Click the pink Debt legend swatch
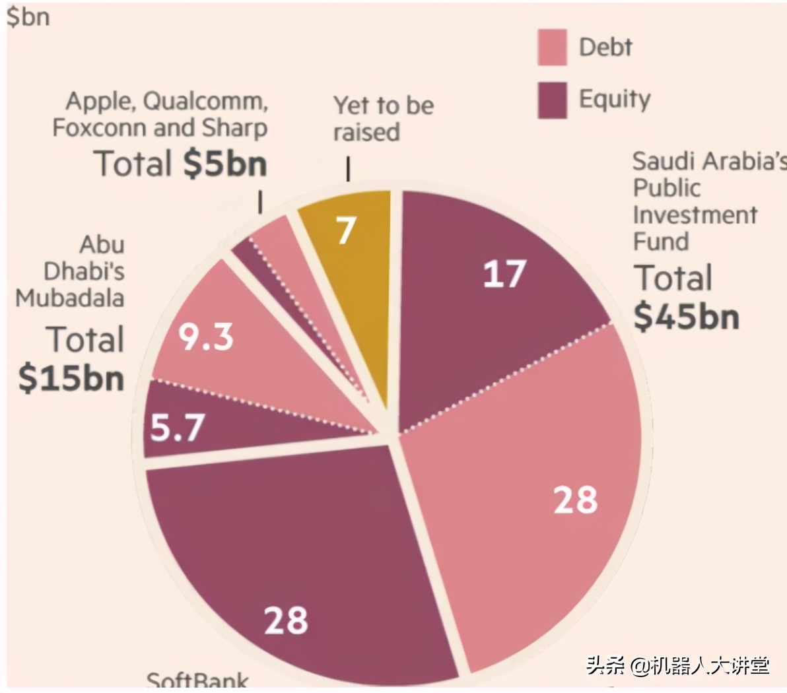(551, 47)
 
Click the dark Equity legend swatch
(551, 100)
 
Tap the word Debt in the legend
(605, 47)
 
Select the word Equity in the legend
(614, 100)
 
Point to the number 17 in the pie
(504, 274)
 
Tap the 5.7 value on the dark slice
(178, 428)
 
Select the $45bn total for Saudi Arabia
(686, 316)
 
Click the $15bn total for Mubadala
(71, 378)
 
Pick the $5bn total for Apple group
(225, 163)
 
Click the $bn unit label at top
(28, 16)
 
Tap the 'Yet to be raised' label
(383, 119)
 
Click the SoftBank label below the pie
(197, 680)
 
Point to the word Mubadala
(70, 298)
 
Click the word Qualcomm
(205, 101)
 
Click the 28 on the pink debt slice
(575, 500)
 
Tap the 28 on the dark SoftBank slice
(286, 620)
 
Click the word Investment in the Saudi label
(695, 214)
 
